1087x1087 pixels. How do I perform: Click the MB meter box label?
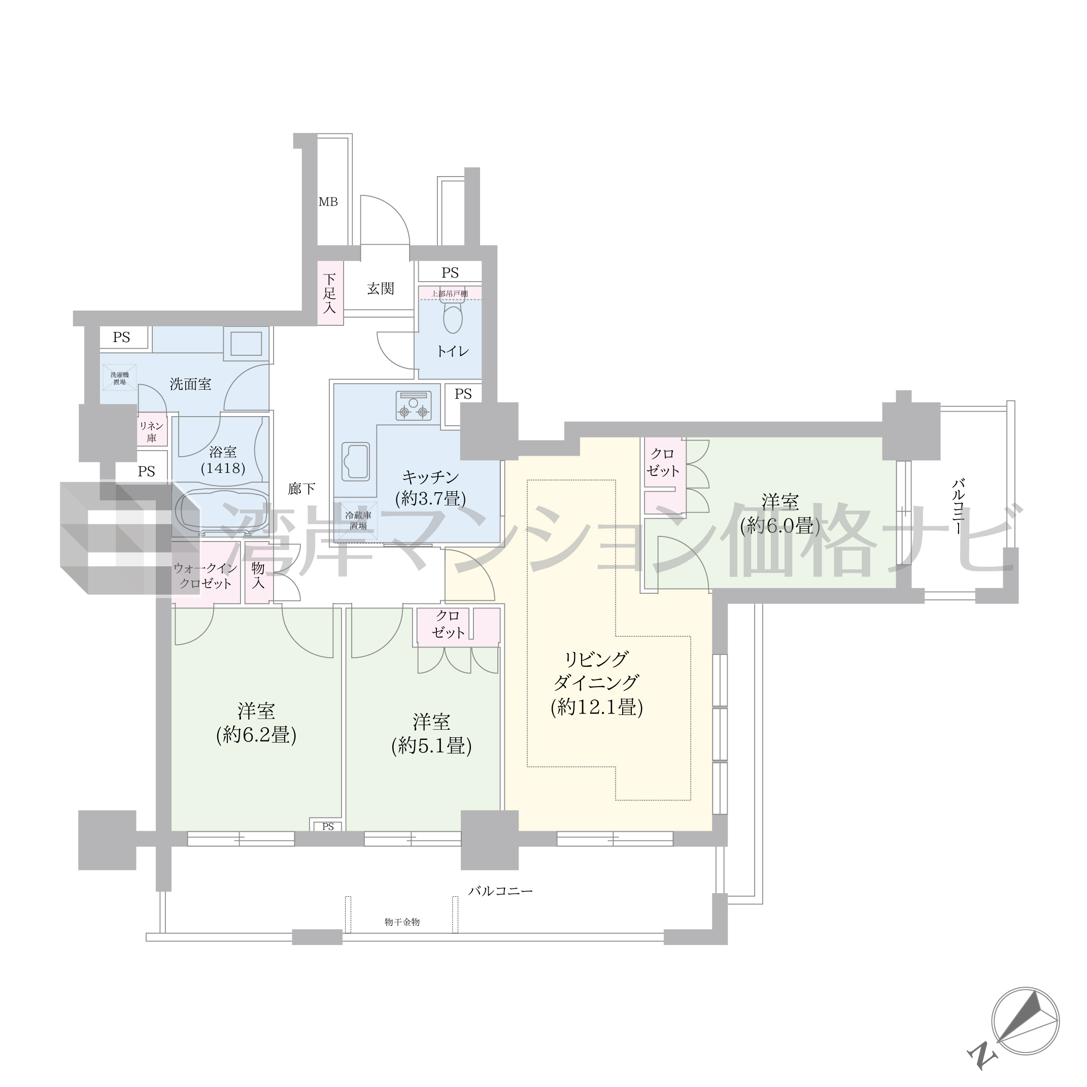tap(328, 201)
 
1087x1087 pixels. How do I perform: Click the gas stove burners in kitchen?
tap(414, 405)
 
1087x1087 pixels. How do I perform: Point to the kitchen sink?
tap(356, 461)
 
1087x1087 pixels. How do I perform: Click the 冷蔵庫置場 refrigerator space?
tap(358, 521)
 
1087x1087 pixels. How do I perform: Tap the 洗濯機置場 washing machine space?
tap(119, 378)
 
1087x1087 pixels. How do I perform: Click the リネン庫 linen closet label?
tap(151, 431)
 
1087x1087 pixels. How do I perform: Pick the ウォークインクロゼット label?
tap(206, 575)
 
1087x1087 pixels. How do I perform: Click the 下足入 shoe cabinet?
tap(330, 293)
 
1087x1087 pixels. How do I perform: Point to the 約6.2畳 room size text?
tap(257, 735)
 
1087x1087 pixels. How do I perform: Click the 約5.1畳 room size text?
tap(431, 746)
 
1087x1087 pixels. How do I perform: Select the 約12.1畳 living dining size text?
tap(597, 707)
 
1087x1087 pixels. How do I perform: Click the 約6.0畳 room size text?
tap(780, 526)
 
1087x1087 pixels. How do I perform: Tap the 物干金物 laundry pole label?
tap(402, 922)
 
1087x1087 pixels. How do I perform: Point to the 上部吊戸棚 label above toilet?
tap(450, 294)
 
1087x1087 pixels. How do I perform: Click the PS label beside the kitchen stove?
tap(463, 394)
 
